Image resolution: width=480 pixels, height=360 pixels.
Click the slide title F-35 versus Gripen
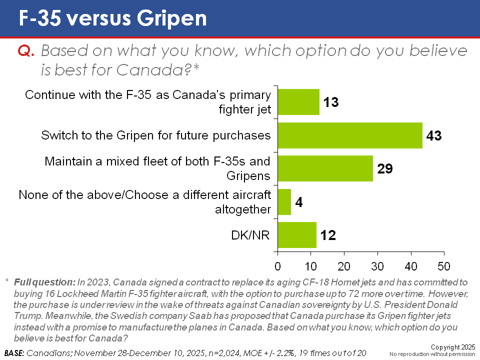pos(112,18)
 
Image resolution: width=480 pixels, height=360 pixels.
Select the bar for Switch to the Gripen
pos(350,135)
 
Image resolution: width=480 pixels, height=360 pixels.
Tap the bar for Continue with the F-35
pos(298,102)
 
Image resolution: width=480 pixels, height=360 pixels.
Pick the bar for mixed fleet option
pos(325,168)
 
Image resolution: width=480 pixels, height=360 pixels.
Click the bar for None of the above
pos(284,202)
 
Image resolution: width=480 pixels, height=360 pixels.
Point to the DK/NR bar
pos(297,235)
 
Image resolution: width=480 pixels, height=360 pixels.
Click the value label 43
pos(433,135)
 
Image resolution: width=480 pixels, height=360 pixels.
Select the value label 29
pos(384,168)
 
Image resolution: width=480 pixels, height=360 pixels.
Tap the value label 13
pos(330,102)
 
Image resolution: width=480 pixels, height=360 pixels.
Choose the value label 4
pos(299,202)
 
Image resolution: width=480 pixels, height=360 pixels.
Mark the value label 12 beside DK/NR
pos(327,235)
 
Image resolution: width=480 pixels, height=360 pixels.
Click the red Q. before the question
pos(26,51)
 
